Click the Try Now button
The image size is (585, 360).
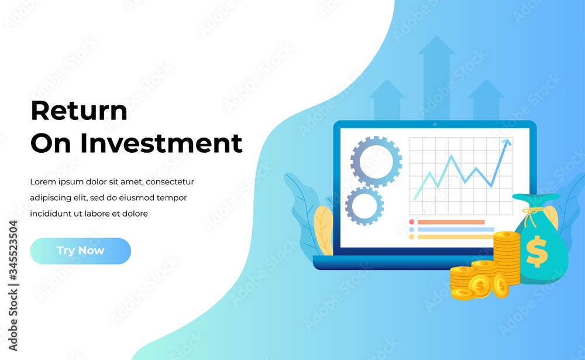click(x=80, y=251)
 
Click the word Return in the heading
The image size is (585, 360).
click(x=79, y=111)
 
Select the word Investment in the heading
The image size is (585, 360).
click(x=161, y=143)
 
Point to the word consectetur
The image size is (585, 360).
click(x=170, y=182)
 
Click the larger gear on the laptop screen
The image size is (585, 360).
click(x=376, y=162)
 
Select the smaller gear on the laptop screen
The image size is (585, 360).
click(x=364, y=206)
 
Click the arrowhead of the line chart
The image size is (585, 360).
click(x=507, y=142)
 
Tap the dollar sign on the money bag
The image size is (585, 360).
click(x=537, y=251)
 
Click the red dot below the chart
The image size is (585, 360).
click(x=411, y=222)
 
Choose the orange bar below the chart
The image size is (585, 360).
click(x=451, y=222)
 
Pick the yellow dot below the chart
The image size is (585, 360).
click(x=411, y=236)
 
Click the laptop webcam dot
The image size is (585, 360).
click(x=435, y=124)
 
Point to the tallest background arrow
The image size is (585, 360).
click(x=436, y=78)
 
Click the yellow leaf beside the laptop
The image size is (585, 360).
click(x=324, y=231)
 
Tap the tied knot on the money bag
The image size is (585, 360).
click(x=531, y=213)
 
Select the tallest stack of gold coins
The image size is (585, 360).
click(x=506, y=258)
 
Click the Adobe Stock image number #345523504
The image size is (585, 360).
click(x=13, y=250)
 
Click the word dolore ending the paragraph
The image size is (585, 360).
click(x=135, y=214)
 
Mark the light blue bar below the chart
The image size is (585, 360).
click(x=456, y=229)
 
